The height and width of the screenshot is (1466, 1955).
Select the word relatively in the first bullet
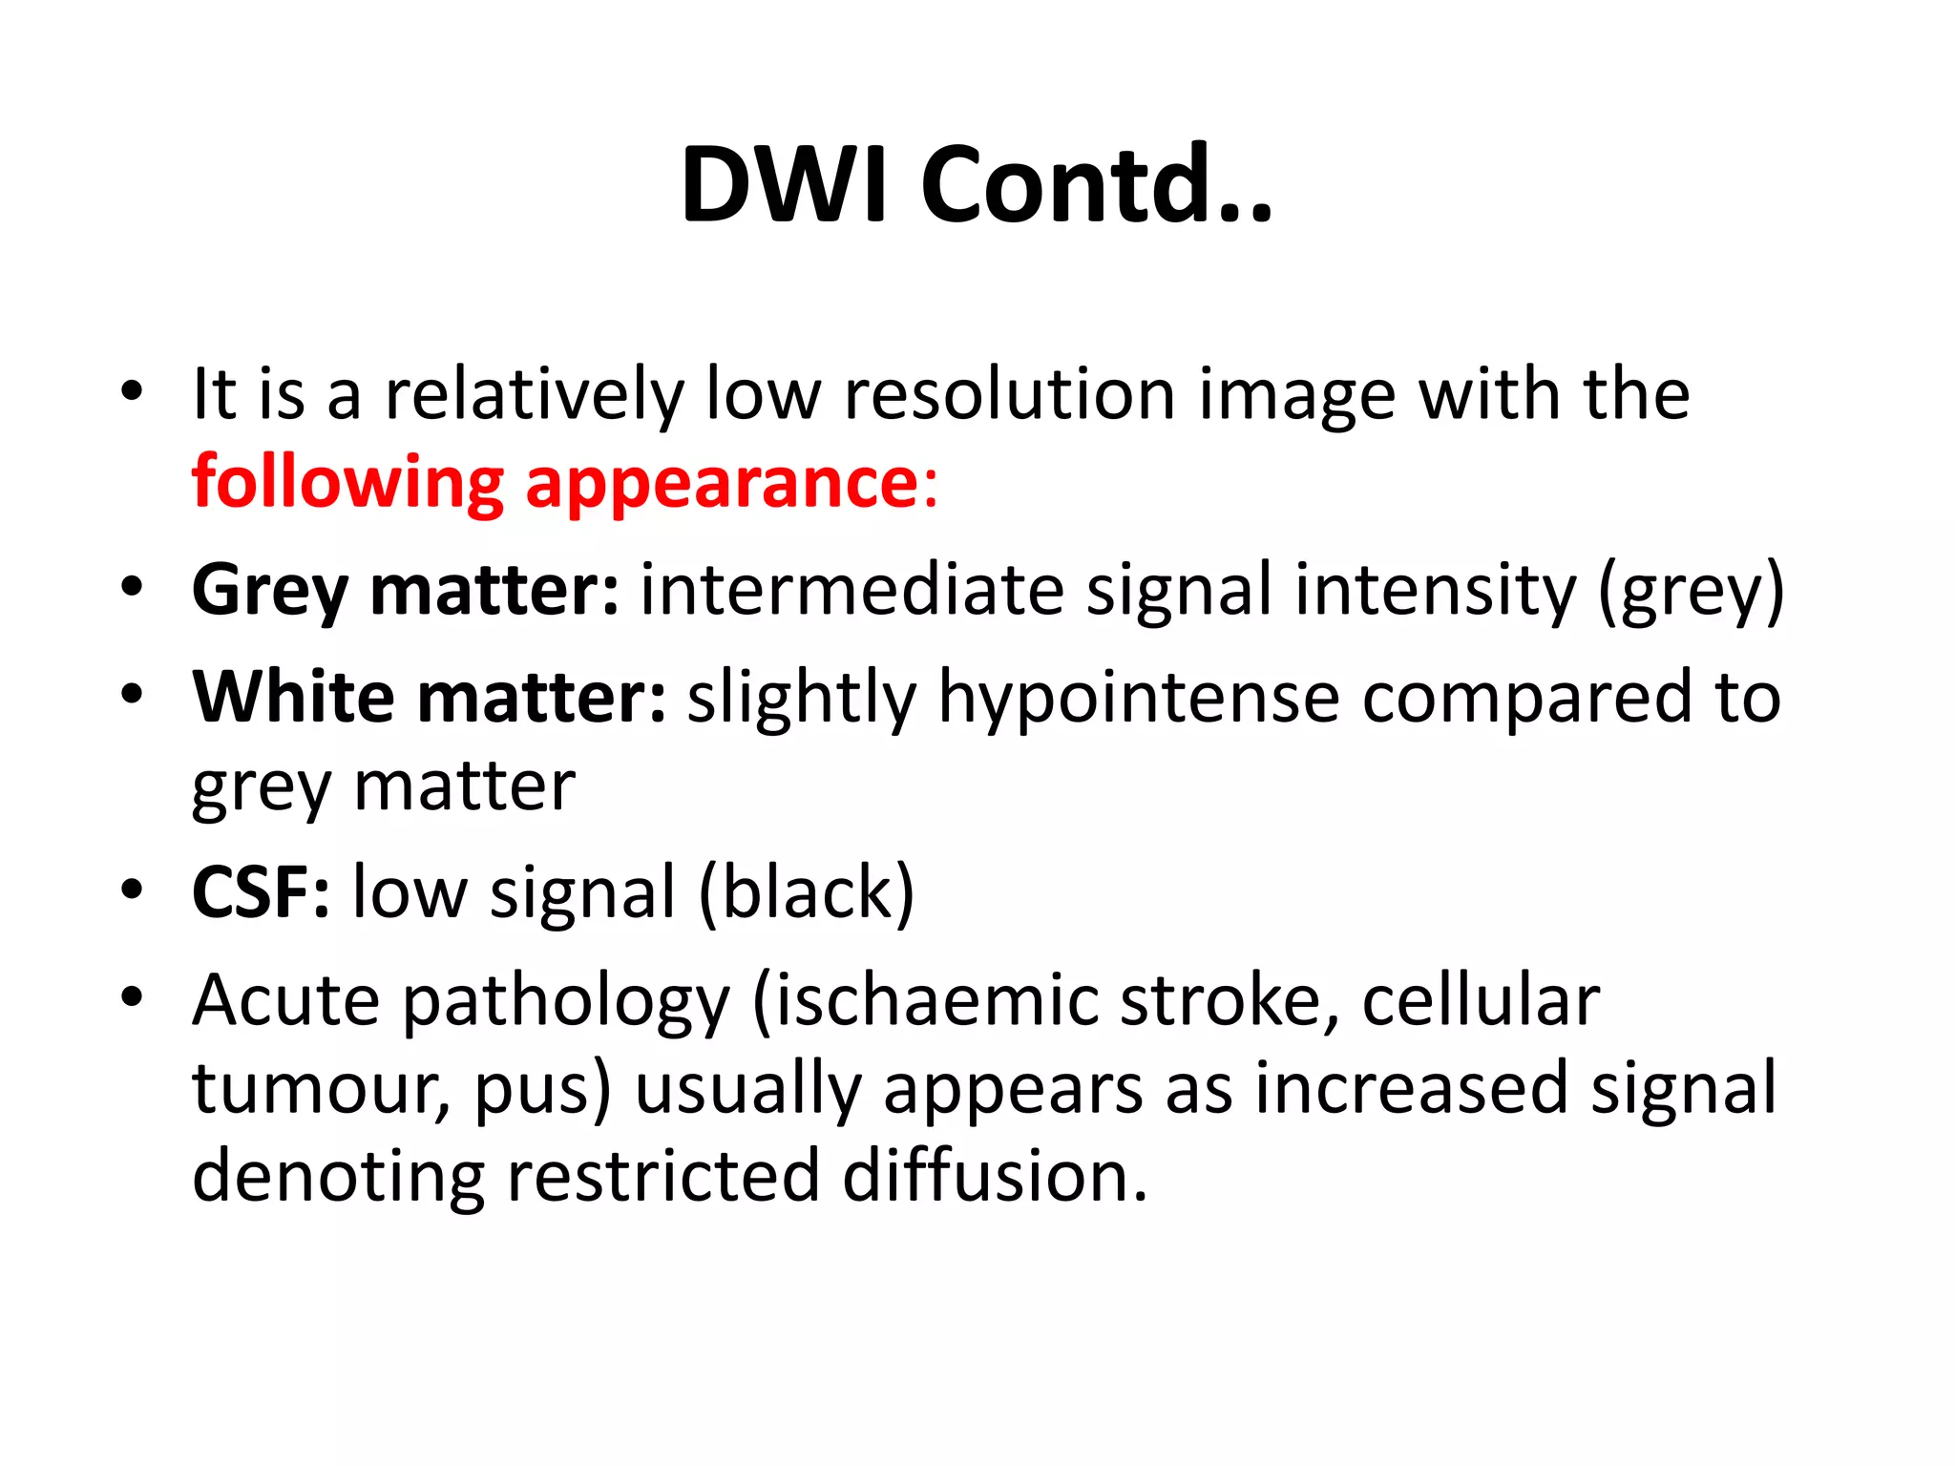pos(534,394)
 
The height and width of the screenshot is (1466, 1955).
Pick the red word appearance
pos(722,485)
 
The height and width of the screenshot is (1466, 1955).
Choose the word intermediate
pos(851,590)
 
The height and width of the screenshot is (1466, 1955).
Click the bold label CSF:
pos(261,892)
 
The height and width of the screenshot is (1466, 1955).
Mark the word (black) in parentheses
pos(807,892)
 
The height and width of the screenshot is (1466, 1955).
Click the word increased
pos(1410,1089)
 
